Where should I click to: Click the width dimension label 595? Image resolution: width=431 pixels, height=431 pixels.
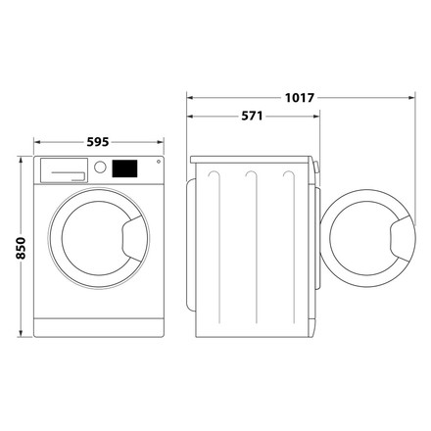tap(98, 139)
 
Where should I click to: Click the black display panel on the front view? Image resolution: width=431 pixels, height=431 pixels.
tap(123, 168)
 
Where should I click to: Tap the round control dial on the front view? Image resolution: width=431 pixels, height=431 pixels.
tap(99, 168)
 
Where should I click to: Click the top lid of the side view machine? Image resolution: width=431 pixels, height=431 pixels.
tap(253, 159)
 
